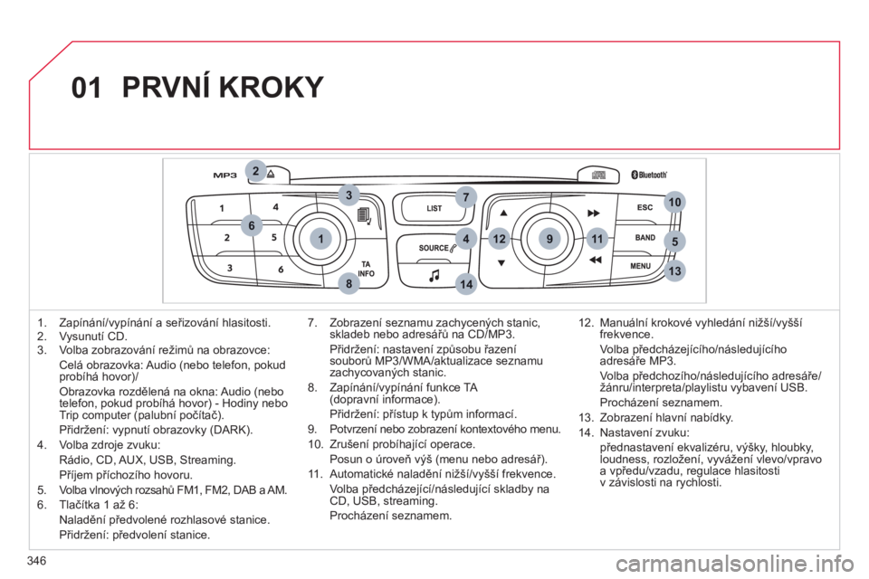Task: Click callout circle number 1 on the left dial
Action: coord(320,237)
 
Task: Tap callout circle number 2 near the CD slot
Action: coord(256,170)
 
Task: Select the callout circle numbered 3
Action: coord(347,194)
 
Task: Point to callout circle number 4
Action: coord(465,238)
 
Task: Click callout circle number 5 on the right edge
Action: coord(674,240)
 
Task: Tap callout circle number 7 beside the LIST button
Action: coord(465,196)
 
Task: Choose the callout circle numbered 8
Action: coord(348,284)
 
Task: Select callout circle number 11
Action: coord(595,238)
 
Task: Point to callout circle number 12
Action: coord(499,238)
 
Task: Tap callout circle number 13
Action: coord(674,271)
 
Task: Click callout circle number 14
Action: coord(465,284)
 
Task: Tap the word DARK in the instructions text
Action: coord(232,431)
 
